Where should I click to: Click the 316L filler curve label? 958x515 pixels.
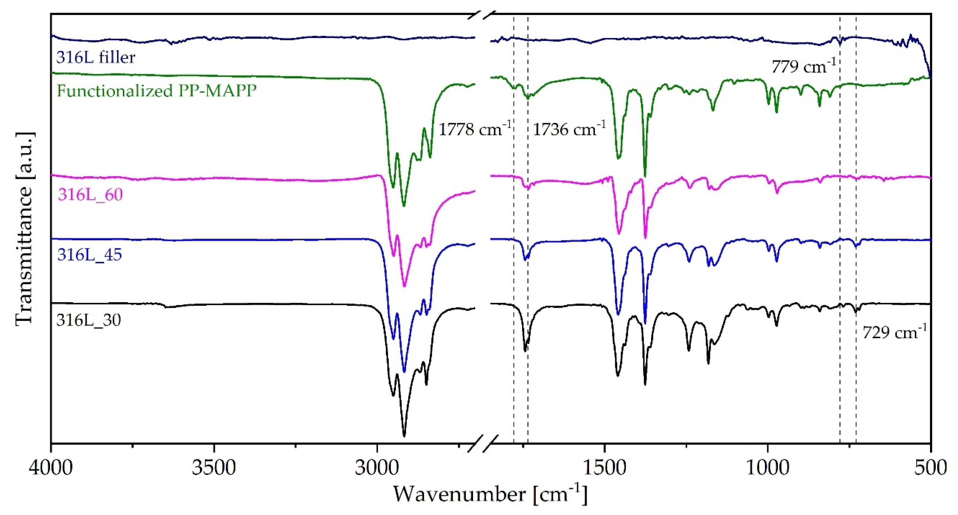(x=96, y=58)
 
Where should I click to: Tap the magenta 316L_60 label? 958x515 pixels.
(x=90, y=195)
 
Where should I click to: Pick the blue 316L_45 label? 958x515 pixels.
(x=89, y=255)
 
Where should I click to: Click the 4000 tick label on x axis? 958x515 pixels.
(x=51, y=468)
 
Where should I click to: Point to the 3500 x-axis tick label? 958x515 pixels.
(x=214, y=468)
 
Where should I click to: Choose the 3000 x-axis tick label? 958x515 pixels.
(x=377, y=468)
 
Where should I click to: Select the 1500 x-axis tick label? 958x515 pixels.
(x=604, y=468)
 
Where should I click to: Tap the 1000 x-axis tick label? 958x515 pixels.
(x=768, y=468)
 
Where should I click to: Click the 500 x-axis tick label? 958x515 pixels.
(x=931, y=468)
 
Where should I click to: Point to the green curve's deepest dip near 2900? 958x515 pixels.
(x=404, y=206)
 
